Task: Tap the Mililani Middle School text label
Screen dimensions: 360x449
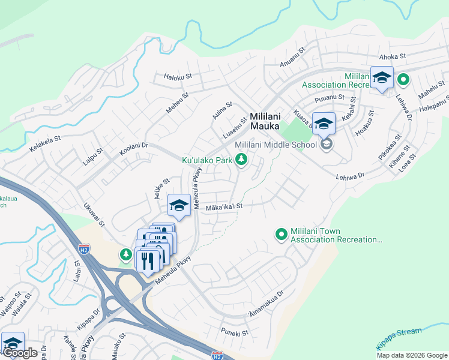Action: [x=276, y=145]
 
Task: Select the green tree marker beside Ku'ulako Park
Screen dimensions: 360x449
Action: [x=241, y=159]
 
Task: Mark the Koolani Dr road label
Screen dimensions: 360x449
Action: [x=133, y=149]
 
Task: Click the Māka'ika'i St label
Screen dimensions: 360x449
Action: [x=223, y=206]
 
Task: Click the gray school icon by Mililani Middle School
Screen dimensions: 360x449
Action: [x=327, y=144]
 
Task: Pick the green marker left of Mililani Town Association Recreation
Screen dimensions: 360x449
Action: [x=280, y=235]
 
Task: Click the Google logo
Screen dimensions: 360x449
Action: [x=20, y=353]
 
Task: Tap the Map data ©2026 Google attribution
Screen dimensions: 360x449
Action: [x=412, y=355]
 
